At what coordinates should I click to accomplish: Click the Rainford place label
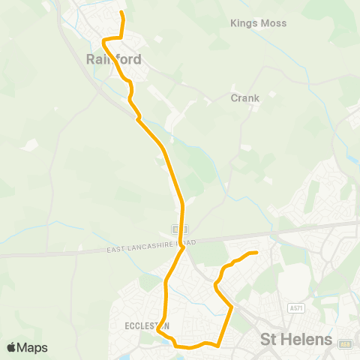114,58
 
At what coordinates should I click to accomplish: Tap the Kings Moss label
258,23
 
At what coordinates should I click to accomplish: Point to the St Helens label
296,340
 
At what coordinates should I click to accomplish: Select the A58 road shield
346,344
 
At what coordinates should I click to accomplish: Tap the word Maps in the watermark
32,347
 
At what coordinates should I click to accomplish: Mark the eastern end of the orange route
256,253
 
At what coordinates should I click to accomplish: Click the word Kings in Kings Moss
243,23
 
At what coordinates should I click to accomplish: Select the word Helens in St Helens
307,340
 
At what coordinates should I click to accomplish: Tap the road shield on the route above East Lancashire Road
175,228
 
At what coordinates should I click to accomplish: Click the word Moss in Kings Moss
273,23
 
